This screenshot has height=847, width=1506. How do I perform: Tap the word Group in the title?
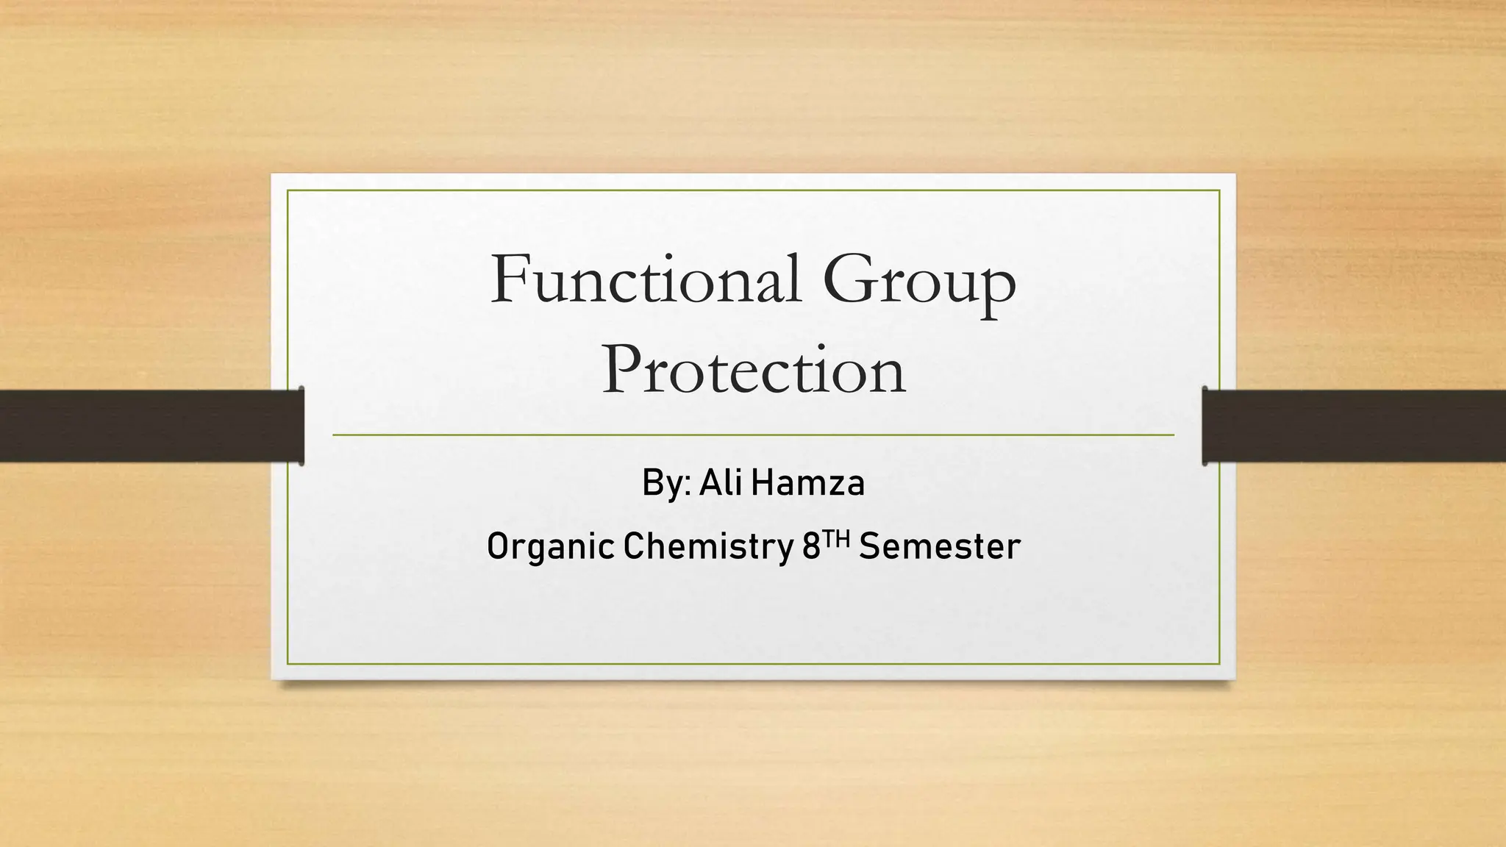tap(920, 282)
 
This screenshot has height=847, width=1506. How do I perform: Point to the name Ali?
tap(721, 483)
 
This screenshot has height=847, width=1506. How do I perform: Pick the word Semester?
tap(941, 546)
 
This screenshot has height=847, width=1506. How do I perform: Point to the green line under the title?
tap(753, 435)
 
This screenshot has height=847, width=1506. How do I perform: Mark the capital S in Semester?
tap(870, 546)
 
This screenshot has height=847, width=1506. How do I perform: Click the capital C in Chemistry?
tap(633, 546)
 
